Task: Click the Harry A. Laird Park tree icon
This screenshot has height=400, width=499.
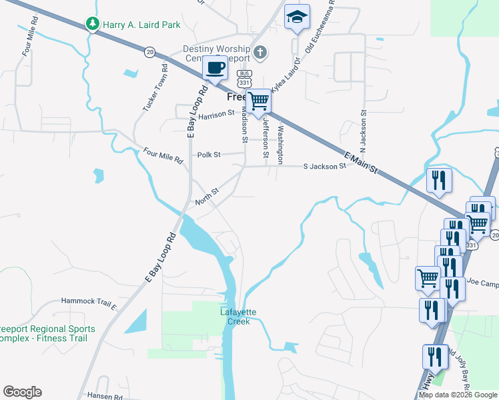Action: (x=93, y=25)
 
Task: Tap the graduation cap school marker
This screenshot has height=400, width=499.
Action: (x=297, y=17)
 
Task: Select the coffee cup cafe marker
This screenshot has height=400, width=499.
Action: (x=215, y=67)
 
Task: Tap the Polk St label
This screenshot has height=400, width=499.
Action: (x=209, y=155)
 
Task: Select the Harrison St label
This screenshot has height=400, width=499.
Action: (x=216, y=113)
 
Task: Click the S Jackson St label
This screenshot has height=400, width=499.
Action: (x=325, y=166)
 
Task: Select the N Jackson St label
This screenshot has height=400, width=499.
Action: (x=364, y=129)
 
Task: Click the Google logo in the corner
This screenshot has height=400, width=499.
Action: (x=22, y=392)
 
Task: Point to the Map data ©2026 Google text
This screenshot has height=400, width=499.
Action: (x=458, y=395)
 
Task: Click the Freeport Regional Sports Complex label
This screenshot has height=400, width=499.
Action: (x=43, y=333)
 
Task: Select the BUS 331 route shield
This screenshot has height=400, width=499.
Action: (x=245, y=77)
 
